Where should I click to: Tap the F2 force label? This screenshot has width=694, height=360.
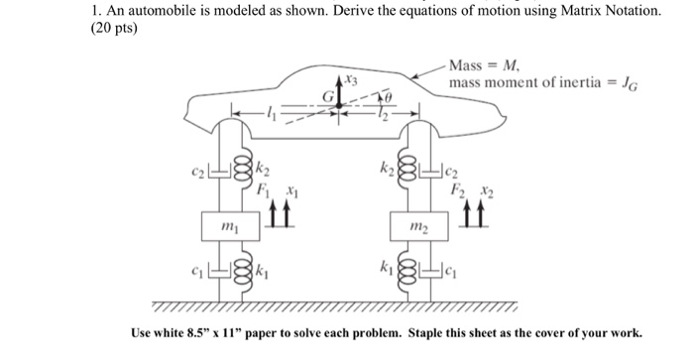(456, 185)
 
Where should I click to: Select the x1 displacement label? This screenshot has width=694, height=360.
(290, 185)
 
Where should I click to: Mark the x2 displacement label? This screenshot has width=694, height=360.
(483, 185)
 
